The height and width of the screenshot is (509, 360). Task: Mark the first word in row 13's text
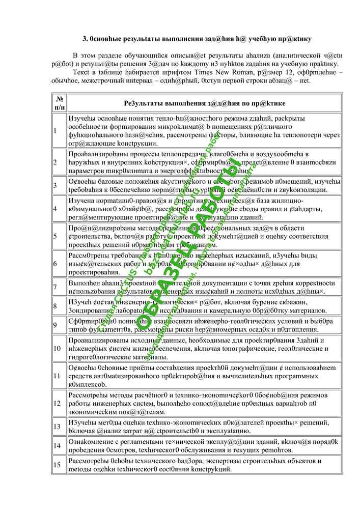click(81, 421)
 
